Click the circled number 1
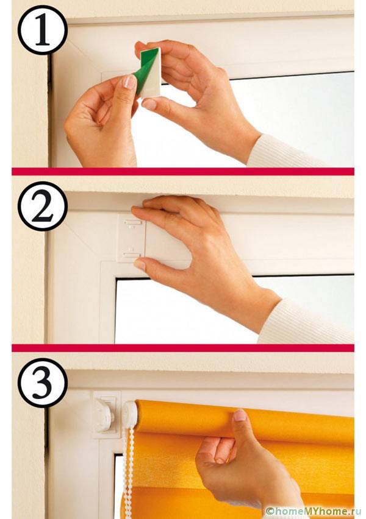[43, 30]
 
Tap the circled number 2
[43, 207]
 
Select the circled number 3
[43, 383]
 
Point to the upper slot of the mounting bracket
[131, 221]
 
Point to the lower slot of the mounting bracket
[131, 255]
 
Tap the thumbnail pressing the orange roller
[240, 415]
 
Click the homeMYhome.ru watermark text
[312, 512]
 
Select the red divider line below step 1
[183, 171]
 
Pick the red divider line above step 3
[183, 348]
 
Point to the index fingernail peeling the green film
[130, 82]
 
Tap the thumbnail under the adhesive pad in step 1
[149, 104]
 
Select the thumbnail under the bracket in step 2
[140, 264]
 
